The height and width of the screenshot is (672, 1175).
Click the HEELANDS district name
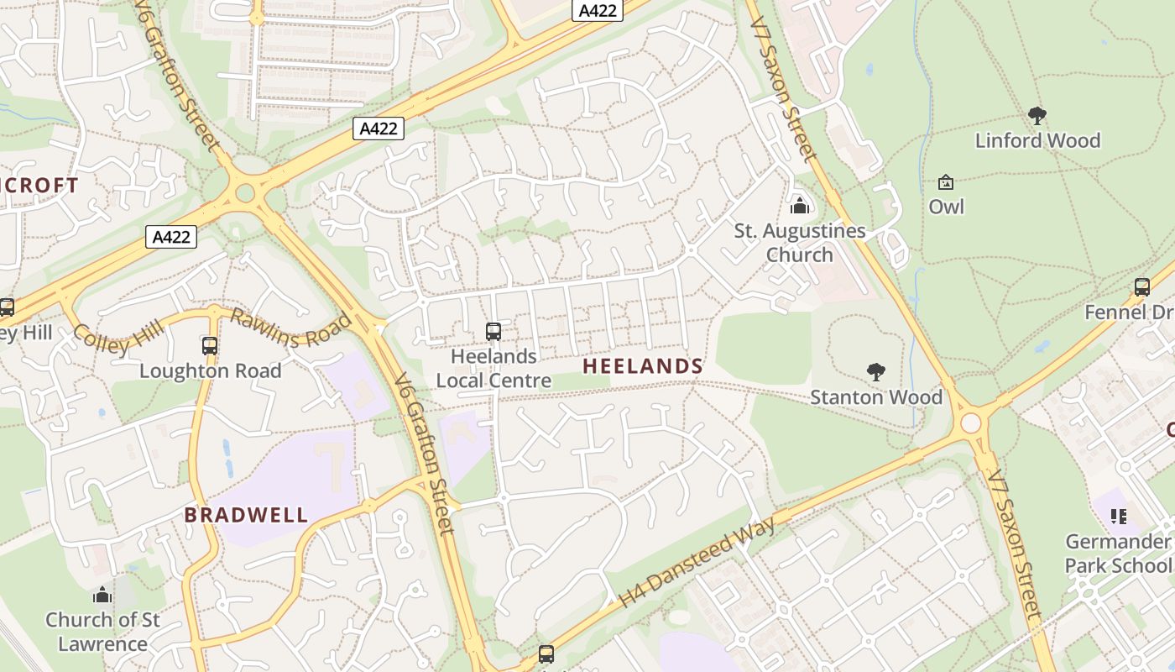[x=643, y=366]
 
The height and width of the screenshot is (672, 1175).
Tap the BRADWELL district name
[x=246, y=515]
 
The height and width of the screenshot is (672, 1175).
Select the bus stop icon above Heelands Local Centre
[x=493, y=332]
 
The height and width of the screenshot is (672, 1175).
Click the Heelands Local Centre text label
[x=493, y=368]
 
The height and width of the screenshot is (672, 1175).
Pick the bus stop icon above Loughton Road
[x=210, y=345]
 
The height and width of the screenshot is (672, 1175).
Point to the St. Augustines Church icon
[x=799, y=205]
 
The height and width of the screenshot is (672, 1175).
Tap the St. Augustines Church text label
[x=799, y=243]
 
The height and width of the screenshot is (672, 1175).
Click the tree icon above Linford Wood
[x=1037, y=116]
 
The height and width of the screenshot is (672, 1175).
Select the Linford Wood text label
[x=1037, y=140]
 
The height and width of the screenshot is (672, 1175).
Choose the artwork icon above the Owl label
[x=946, y=182]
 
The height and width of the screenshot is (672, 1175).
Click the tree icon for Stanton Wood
[x=876, y=371]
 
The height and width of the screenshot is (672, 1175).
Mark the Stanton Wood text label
[x=876, y=396]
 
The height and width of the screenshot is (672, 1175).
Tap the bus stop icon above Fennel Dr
[x=1142, y=287]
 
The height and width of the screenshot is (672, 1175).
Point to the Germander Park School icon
[x=1118, y=516]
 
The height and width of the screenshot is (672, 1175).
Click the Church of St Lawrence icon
[x=102, y=595]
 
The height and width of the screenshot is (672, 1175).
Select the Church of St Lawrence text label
[x=102, y=632]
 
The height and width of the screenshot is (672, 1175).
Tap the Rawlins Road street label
[x=290, y=328]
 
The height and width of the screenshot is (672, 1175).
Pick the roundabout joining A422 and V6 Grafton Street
[x=245, y=193]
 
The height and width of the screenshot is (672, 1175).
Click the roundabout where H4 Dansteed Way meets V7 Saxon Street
[x=971, y=422]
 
